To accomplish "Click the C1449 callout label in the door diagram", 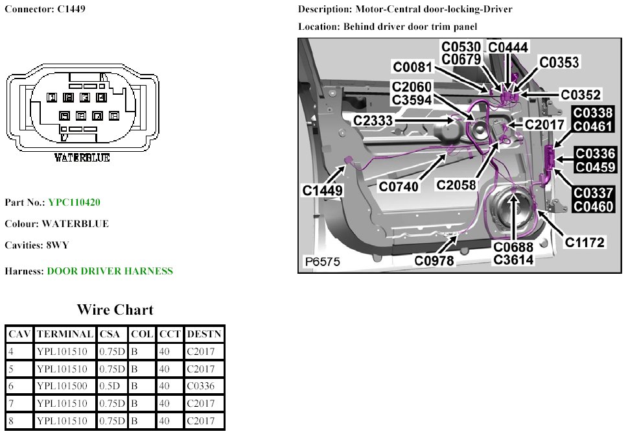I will pos(323,191).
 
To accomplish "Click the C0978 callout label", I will pos(435,261).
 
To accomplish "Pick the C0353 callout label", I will pos(559,62).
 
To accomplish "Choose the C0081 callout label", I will pos(413,67).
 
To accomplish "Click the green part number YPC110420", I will pos(74,202).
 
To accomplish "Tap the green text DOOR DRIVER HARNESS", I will pos(110,271).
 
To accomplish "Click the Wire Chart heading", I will pos(115,309).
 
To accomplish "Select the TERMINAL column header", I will pos(65,335).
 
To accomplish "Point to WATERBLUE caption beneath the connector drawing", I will pos(82,158).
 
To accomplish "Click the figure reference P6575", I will pos(322,263).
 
